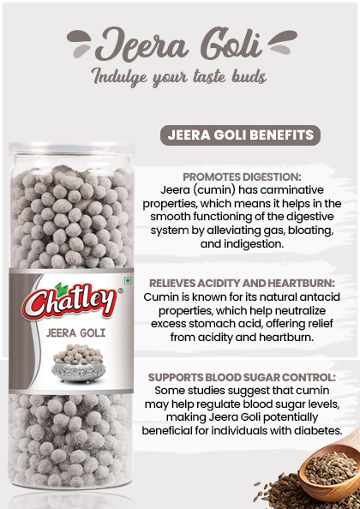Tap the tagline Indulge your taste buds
coord(179,76)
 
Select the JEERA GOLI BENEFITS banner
coord(238,135)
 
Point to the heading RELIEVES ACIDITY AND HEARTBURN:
coord(242,282)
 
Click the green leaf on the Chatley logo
coord(61,288)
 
